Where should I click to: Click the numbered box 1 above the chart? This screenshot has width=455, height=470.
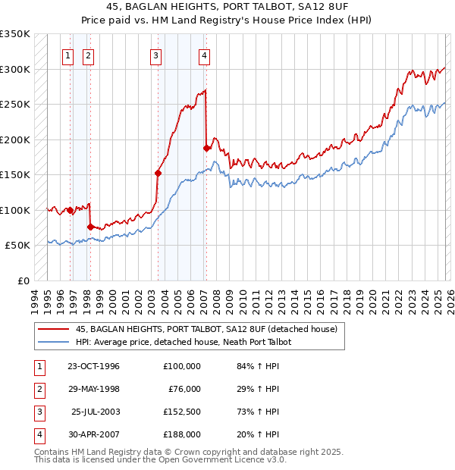(68, 55)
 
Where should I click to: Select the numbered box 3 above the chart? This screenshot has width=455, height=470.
(155, 55)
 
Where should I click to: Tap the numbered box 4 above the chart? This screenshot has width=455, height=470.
(205, 55)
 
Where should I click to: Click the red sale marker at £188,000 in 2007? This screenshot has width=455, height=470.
(207, 148)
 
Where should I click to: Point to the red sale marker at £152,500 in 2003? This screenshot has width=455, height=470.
(158, 173)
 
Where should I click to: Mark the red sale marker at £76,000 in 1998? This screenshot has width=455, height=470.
(90, 227)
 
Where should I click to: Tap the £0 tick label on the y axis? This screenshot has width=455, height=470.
(23, 280)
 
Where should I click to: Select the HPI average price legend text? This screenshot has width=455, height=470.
(184, 342)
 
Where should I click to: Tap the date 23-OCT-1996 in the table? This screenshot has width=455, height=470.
(93, 366)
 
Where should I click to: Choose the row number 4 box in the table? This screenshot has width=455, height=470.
(37, 435)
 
